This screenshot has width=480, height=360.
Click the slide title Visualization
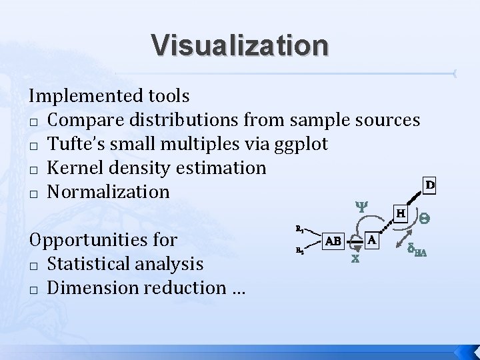240,45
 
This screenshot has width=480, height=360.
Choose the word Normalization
109,192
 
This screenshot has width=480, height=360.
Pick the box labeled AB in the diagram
334,241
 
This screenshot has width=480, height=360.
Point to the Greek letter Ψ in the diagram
360,207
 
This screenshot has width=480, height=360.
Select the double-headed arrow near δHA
403,239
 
